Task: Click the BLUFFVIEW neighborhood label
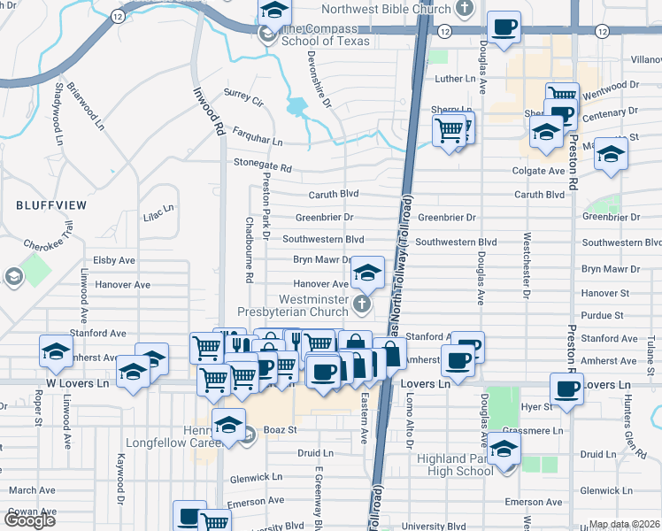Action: [51, 204]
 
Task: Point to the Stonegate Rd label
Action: [262, 165]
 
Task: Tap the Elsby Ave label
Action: [114, 261]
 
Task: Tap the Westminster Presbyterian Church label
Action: [292, 306]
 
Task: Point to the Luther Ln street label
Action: [456, 80]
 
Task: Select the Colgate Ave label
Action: [538, 171]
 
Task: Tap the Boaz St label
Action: [277, 430]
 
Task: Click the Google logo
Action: [30, 521]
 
